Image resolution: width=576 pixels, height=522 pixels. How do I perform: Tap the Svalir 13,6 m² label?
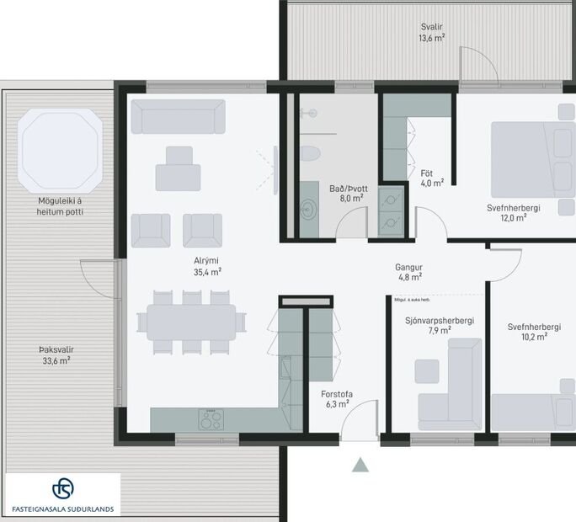432,32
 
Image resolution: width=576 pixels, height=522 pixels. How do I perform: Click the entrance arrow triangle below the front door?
360,465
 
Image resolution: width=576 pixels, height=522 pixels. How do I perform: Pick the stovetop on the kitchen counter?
211,418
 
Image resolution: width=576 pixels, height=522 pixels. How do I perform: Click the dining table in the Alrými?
191,322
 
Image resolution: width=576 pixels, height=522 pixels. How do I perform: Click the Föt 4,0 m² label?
432,177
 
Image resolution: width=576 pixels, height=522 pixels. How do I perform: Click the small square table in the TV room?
427,370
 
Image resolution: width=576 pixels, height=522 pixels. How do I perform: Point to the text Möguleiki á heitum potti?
60,206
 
